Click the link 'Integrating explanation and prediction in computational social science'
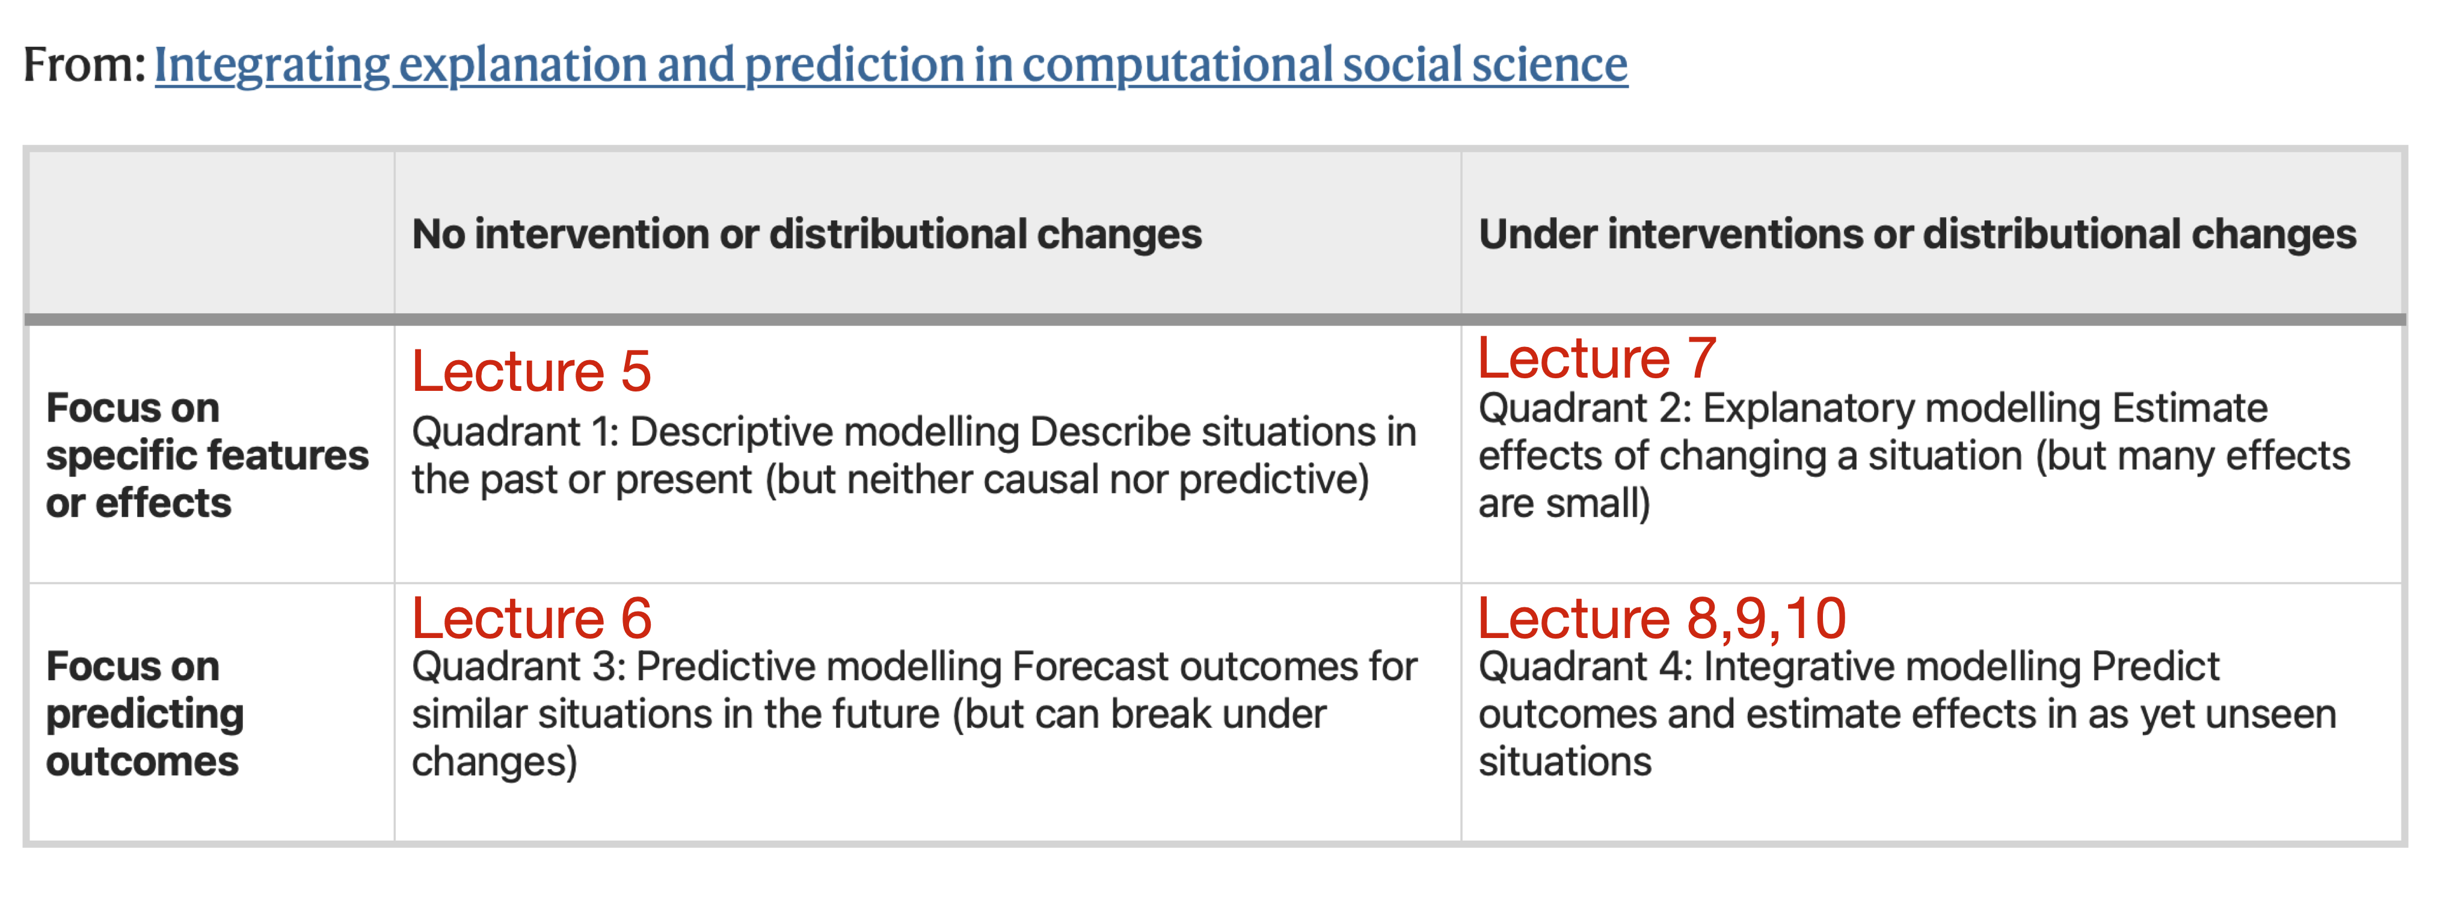coord(890,64)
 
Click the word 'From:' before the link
coord(84,64)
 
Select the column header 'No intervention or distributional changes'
coord(806,233)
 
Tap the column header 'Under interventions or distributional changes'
coord(1917,233)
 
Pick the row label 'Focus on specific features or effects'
coord(206,455)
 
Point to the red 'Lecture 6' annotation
coord(532,619)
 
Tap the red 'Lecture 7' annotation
coord(1597,358)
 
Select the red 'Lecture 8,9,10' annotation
coord(1662,619)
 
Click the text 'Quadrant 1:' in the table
coord(515,432)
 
